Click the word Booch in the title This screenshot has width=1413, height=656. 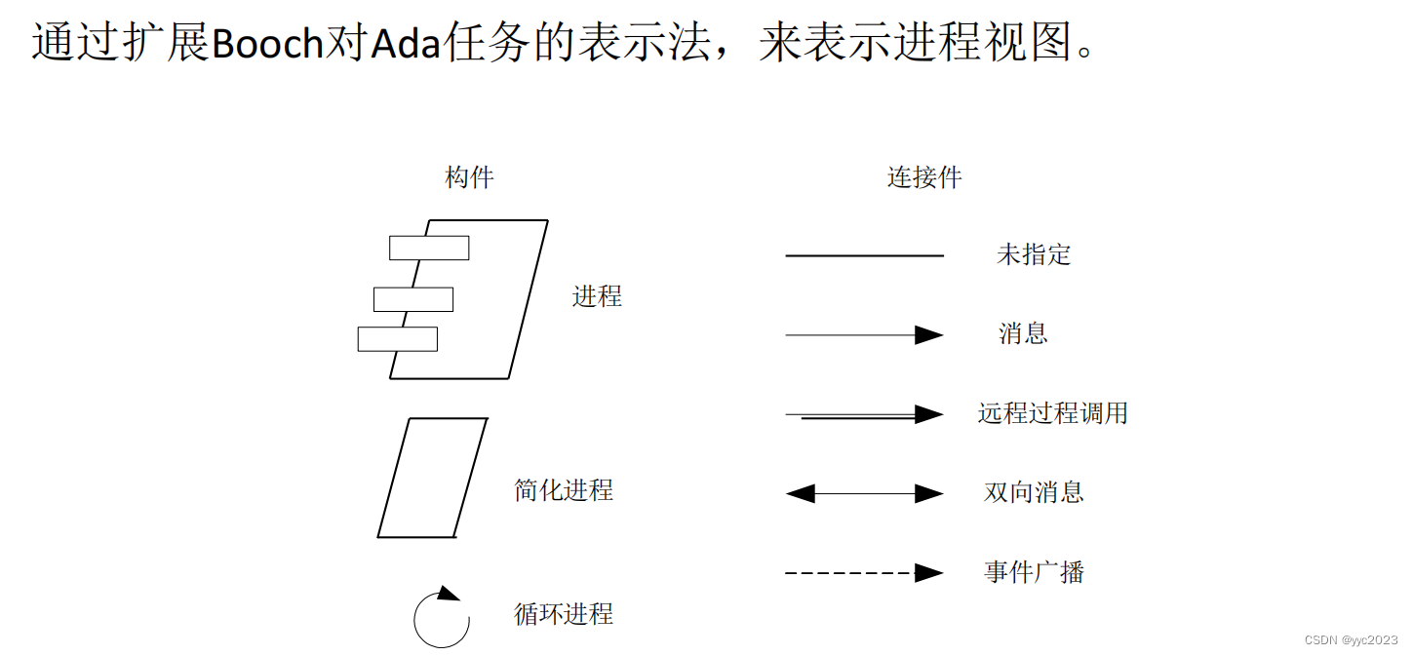pyautogui.click(x=266, y=44)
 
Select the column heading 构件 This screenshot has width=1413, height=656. pyautogui.click(x=469, y=177)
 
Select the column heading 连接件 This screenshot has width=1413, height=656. pyautogui.click(x=923, y=177)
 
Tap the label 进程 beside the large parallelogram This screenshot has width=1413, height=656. pyautogui.click(x=597, y=296)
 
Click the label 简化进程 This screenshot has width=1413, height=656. pyautogui.click(x=564, y=489)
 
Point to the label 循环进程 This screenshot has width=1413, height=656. pyautogui.click(x=564, y=613)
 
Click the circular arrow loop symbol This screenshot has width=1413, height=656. pyautogui.click(x=442, y=618)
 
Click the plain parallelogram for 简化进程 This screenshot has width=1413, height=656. pyautogui.click(x=432, y=478)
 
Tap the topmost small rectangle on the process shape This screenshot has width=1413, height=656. pyautogui.click(x=429, y=248)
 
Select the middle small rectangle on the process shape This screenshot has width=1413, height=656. pyautogui.click(x=413, y=299)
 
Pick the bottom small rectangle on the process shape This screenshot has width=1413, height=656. pyautogui.click(x=398, y=339)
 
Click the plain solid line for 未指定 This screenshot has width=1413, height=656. pyautogui.click(x=864, y=255)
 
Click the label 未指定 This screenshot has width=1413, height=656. pyautogui.click(x=1034, y=254)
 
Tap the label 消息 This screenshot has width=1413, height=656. pyautogui.click(x=1023, y=333)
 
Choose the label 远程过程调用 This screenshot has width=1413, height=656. pyautogui.click(x=1052, y=413)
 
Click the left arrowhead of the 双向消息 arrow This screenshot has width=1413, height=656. pyautogui.click(x=800, y=493)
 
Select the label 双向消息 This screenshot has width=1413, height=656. pyautogui.click(x=1034, y=492)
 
